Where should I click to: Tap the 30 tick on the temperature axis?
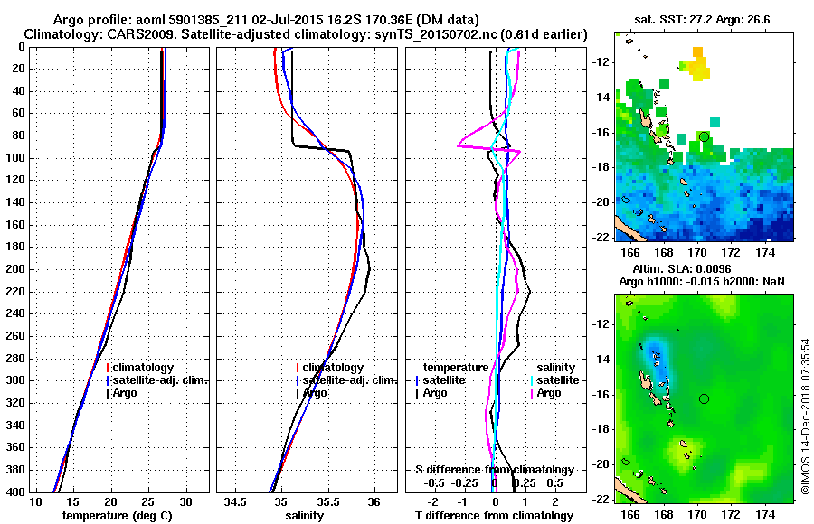tap(185, 502)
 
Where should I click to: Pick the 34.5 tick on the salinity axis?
tap(236, 502)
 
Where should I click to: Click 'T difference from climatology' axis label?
tap(494, 516)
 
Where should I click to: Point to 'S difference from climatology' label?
tap(494, 470)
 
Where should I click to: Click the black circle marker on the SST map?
tap(705, 136)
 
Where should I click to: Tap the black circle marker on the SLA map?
tap(705, 398)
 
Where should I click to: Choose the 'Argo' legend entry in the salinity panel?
tap(315, 393)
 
